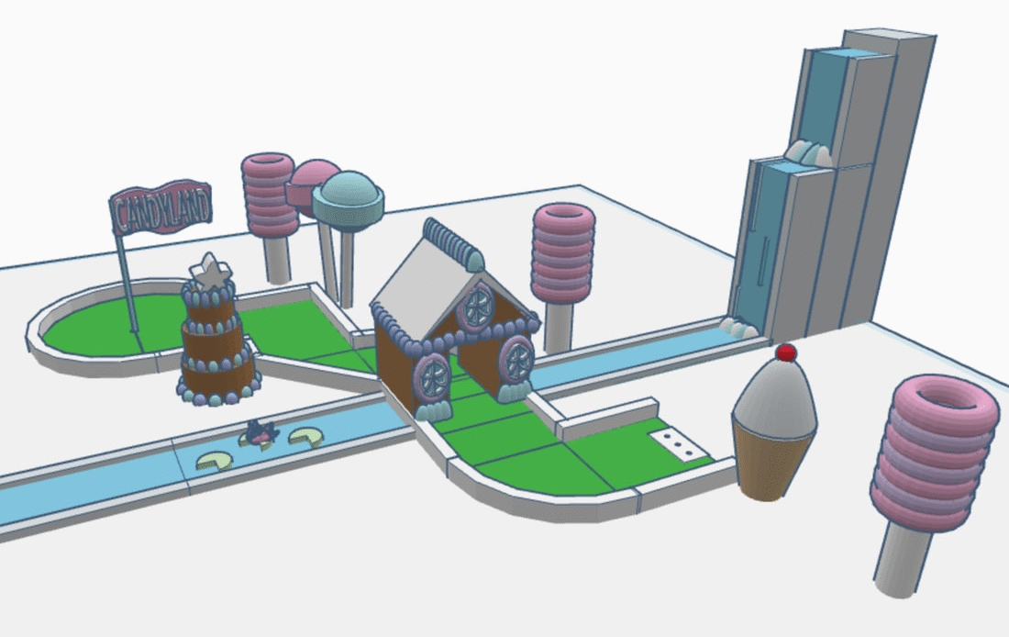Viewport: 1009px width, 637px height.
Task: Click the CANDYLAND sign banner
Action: [x=161, y=207]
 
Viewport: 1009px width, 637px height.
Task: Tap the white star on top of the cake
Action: [x=210, y=272]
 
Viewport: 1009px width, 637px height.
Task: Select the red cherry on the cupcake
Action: [x=786, y=352]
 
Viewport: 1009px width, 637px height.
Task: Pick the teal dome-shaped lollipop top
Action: [x=348, y=196]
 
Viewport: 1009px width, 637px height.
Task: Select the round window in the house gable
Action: [x=477, y=307]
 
